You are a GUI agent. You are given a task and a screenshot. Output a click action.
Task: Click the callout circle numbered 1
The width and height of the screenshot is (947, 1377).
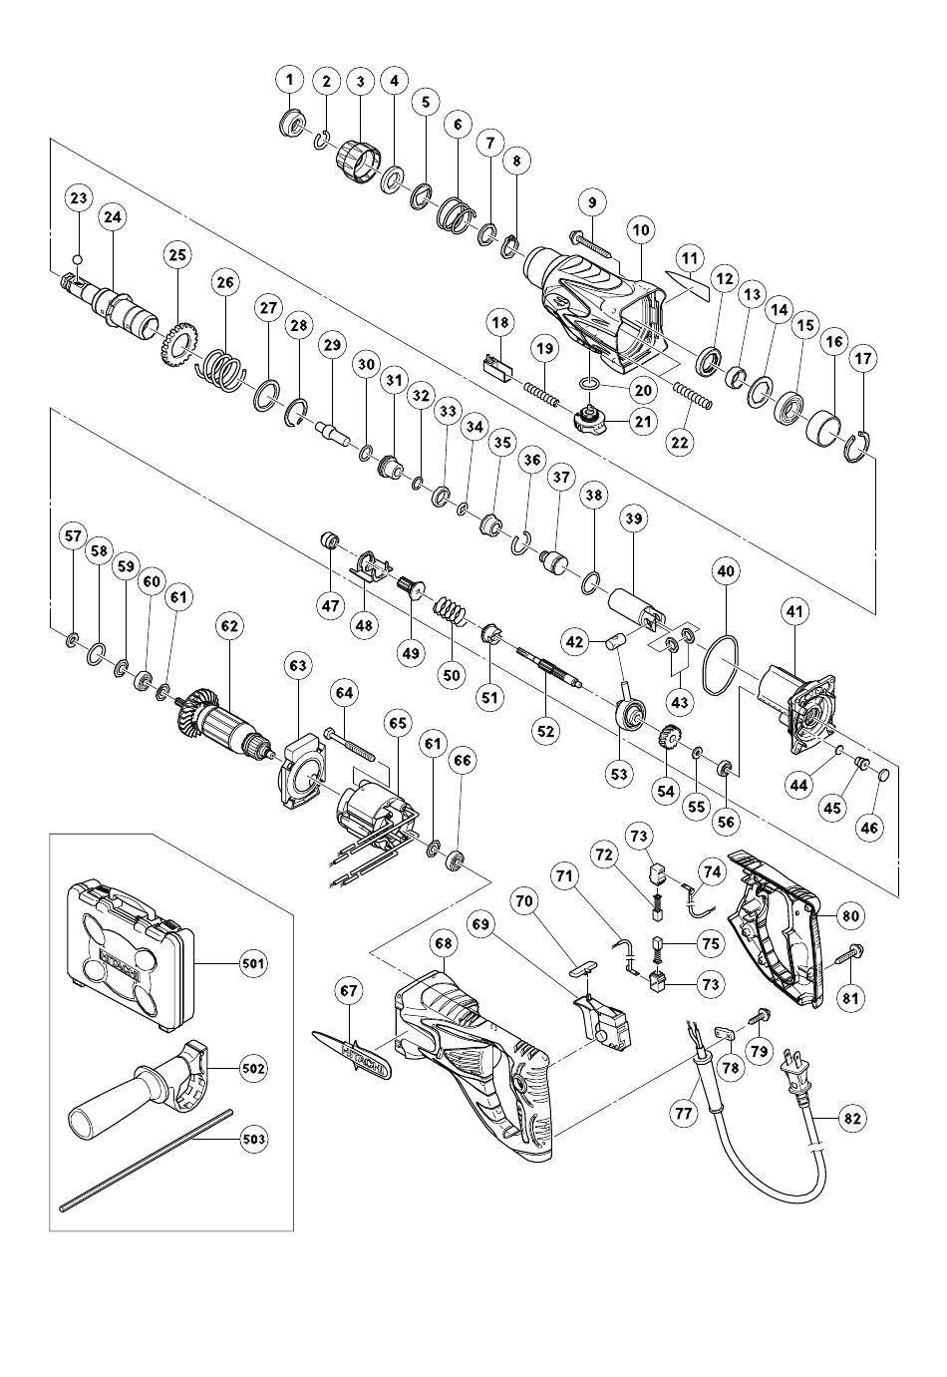click(291, 80)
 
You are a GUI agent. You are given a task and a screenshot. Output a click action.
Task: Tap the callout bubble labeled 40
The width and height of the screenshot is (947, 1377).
click(725, 571)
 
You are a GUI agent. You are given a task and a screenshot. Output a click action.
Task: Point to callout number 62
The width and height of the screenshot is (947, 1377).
click(230, 626)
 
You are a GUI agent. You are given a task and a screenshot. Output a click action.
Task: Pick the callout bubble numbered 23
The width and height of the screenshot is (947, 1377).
click(80, 198)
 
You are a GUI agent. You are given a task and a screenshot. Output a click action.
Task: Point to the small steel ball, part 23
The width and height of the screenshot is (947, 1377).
click(78, 259)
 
